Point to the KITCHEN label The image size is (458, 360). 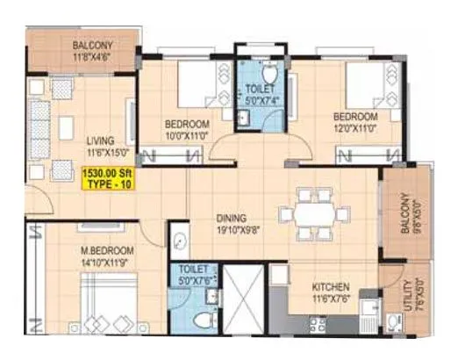pos(331,287)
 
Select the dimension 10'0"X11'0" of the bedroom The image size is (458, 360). pos(185,135)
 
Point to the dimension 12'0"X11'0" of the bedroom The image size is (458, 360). pos(354,128)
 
